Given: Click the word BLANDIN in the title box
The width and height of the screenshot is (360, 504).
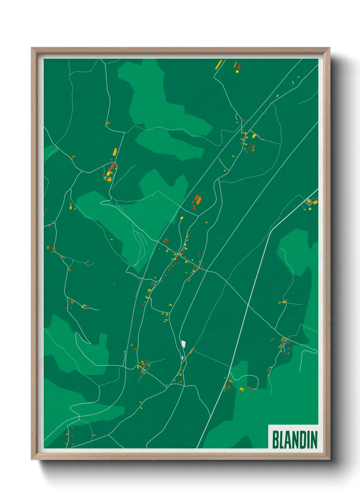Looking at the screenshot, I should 295,440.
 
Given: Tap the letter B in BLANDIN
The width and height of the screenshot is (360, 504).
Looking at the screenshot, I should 275,440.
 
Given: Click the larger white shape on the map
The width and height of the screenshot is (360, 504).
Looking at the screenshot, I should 183,343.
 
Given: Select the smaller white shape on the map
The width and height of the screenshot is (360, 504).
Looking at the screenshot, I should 183,358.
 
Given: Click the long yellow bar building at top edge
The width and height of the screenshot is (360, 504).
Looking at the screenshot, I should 218,64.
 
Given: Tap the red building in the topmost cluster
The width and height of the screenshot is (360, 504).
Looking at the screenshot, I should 239,67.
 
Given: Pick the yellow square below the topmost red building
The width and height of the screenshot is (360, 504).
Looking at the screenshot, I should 238,72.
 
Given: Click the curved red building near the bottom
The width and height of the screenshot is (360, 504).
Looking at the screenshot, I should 250,388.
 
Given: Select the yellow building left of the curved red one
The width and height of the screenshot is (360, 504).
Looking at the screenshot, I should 242,389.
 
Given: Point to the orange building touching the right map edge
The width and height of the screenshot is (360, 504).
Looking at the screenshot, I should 315,202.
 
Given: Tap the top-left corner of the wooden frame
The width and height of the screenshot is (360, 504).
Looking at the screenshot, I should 32,48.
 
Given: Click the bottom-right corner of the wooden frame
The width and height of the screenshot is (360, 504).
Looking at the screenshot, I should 329,459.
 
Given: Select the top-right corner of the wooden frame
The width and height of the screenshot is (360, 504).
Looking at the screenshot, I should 329,48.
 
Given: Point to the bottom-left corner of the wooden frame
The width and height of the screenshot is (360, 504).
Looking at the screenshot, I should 32,459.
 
